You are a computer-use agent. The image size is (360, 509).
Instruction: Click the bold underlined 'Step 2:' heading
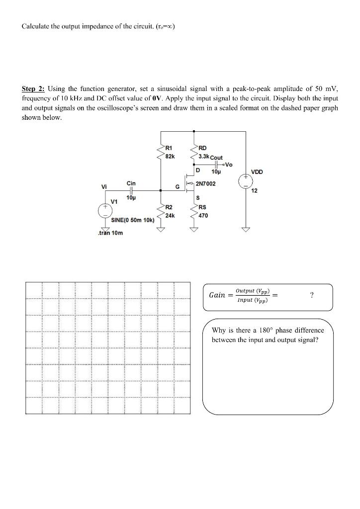pos(33,89)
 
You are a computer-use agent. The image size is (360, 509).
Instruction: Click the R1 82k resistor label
pos(169,151)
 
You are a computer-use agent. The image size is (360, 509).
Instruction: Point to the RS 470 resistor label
pos(203,212)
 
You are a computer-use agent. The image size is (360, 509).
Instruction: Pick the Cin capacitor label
pos(131,183)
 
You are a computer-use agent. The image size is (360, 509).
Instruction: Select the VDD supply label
pos(257,172)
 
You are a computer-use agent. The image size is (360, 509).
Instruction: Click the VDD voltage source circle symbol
pos(246,181)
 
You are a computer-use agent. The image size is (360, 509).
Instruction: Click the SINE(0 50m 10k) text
pos(132,220)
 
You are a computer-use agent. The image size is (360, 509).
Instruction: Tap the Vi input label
pos(104,187)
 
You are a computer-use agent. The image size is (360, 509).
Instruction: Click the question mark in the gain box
pos(311,295)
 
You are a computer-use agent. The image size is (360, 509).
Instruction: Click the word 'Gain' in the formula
pos(217,295)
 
